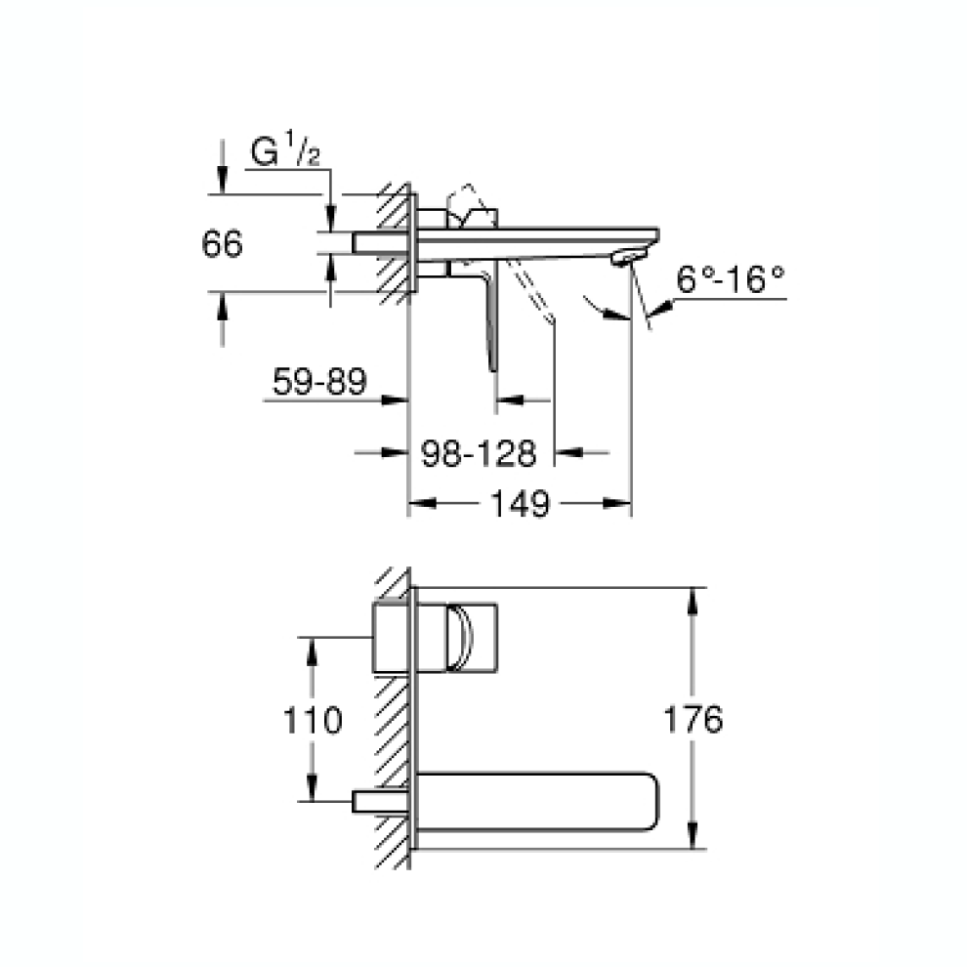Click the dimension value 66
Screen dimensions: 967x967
point(222,244)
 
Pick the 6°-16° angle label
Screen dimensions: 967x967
point(732,282)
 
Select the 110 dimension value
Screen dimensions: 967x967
point(313,722)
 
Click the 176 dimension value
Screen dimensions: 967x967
point(693,721)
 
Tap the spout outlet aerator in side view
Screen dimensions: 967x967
point(626,258)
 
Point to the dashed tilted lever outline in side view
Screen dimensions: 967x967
point(532,293)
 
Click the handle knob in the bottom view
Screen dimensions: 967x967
point(458,638)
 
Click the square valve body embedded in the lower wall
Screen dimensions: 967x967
point(394,638)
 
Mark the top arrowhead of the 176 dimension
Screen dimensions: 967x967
point(693,597)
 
